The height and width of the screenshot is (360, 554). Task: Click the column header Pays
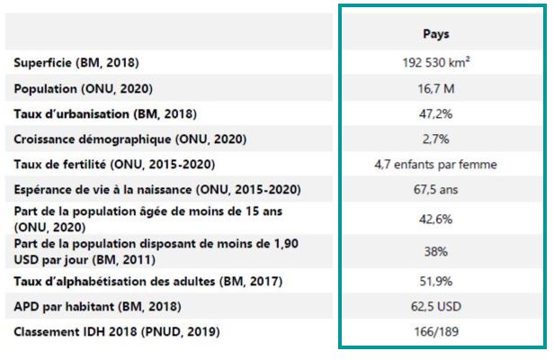pyautogui.click(x=436, y=34)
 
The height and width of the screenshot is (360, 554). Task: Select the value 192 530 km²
pyautogui.click(x=436, y=63)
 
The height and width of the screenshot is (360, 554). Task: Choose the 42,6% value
pyautogui.click(x=436, y=219)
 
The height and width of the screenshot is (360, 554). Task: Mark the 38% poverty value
pyautogui.click(x=436, y=253)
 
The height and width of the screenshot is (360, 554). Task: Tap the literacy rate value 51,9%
pyautogui.click(x=436, y=282)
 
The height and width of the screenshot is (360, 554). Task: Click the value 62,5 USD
pyautogui.click(x=436, y=307)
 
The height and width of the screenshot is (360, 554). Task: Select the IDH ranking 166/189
pyautogui.click(x=436, y=332)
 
